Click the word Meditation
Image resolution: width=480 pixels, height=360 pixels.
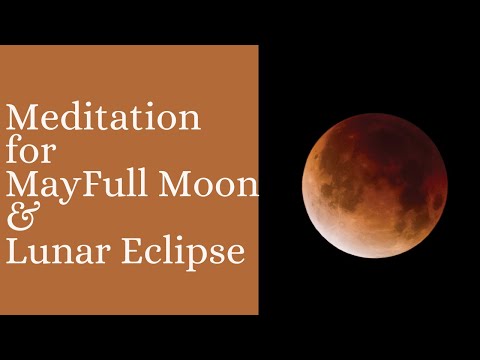pyautogui.click(x=103, y=119)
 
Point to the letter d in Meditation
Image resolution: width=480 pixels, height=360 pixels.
pyautogui.click(x=76, y=119)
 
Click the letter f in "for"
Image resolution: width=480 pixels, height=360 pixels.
pyautogui.click(x=13, y=151)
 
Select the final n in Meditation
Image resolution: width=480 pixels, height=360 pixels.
pyautogui.click(x=189, y=121)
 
